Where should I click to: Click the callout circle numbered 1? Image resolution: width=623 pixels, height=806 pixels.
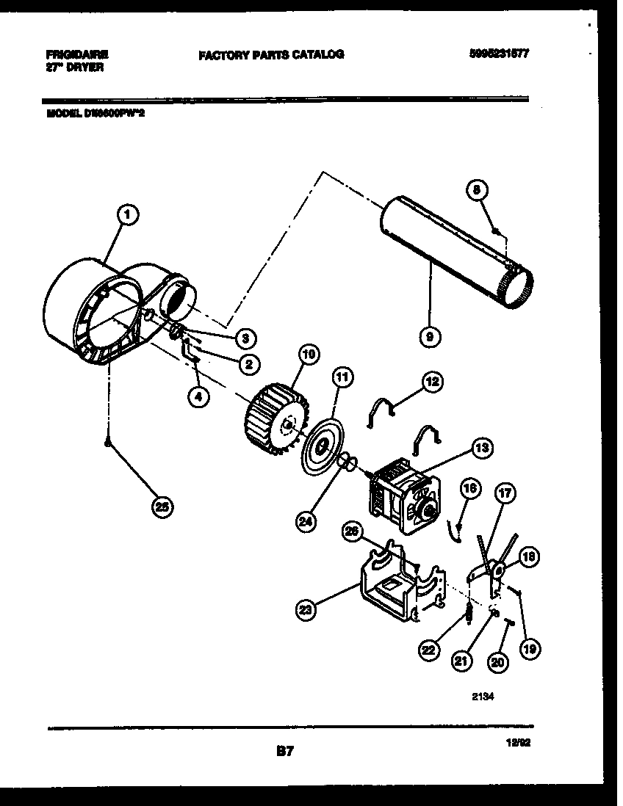click(128, 214)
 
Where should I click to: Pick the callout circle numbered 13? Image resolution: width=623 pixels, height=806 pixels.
click(483, 447)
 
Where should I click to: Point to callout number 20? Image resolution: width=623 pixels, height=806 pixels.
click(498, 661)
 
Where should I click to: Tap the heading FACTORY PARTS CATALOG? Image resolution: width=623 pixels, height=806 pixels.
click(270, 54)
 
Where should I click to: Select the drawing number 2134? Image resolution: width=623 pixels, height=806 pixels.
click(482, 699)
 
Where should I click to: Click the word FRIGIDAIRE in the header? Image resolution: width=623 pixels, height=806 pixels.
click(76, 54)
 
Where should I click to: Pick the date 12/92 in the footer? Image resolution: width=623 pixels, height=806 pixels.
click(519, 742)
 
